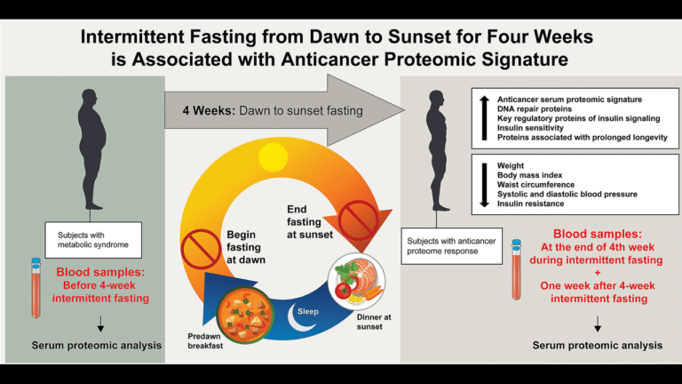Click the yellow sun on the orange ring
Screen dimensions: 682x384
click(x=274, y=156)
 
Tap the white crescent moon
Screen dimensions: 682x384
click(x=297, y=318)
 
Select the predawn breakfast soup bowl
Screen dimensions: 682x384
click(x=245, y=316)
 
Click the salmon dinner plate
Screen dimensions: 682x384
click(x=357, y=281)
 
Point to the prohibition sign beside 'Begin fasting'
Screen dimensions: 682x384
click(x=201, y=250)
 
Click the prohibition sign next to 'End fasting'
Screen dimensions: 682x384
click(x=359, y=220)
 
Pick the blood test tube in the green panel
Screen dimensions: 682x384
click(x=36, y=288)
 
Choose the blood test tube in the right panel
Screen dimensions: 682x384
click(x=516, y=269)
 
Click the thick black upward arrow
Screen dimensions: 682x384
click(x=485, y=118)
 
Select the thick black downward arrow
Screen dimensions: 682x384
click(x=485, y=185)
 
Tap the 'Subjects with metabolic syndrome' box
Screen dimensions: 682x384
click(x=93, y=240)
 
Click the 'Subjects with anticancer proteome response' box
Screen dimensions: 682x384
click(x=451, y=246)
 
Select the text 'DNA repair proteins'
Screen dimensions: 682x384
click(x=535, y=108)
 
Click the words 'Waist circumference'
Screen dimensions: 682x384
click(x=535, y=185)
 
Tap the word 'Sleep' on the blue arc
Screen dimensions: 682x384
click(x=308, y=311)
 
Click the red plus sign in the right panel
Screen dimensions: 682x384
click(x=598, y=273)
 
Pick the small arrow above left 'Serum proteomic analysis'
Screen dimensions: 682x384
click(x=100, y=324)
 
